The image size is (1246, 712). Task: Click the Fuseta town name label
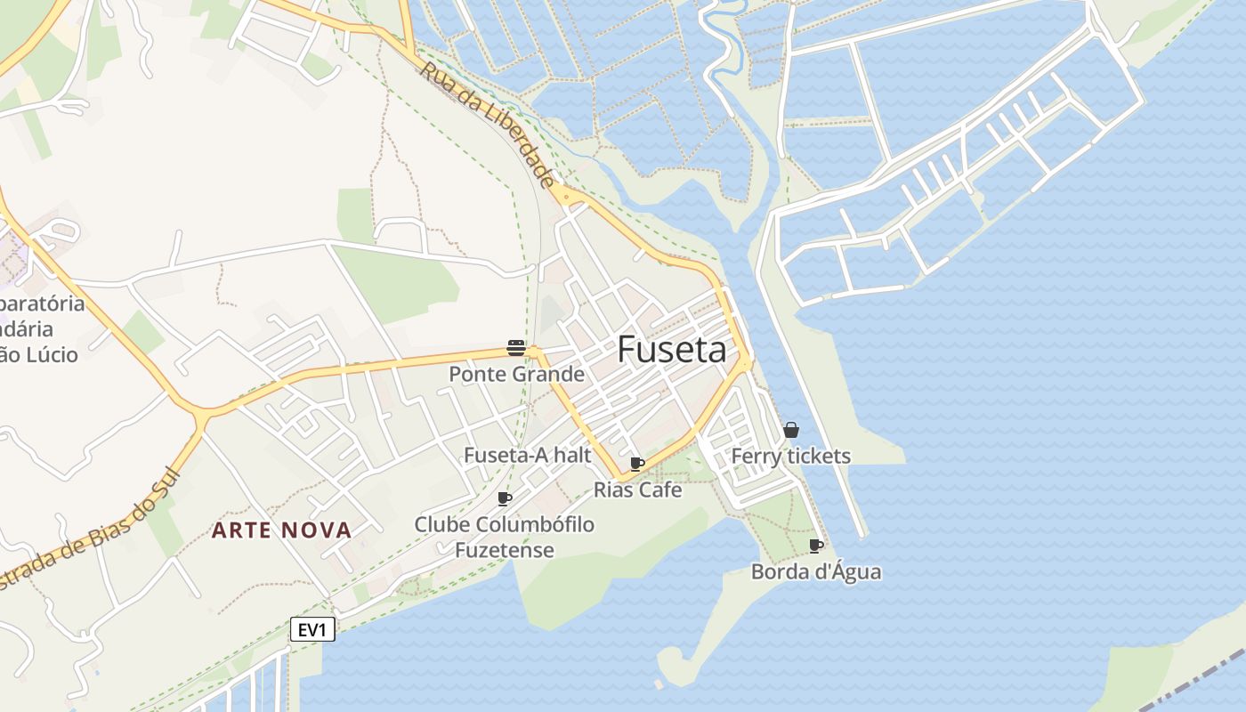coord(672,350)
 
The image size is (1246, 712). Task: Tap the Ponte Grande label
coord(516,374)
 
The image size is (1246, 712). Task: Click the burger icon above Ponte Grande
coord(516,347)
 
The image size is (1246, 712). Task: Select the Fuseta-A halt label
coord(527,455)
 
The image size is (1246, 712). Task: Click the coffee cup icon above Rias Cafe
coord(637,464)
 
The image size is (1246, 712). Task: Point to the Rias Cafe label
coord(637,489)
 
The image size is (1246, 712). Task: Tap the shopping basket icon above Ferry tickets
coord(791,430)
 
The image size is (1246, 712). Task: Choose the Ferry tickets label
coord(790,457)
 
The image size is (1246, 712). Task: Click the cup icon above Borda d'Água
coord(816,546)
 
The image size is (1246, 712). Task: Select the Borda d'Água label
coord(816,571)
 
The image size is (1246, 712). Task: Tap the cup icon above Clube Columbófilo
coord(505,498)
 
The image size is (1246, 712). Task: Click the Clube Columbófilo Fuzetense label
coord(505,537)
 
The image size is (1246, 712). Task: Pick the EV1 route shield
coord(312,630)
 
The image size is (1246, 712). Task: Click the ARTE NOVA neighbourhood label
coord(281,530)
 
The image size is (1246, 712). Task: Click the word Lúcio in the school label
coord(53,354)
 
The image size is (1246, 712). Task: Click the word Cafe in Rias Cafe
coord(663,489)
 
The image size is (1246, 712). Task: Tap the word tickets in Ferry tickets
coord(817,457)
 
